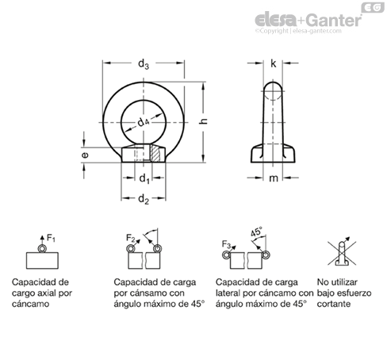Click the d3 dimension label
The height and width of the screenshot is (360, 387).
pos(144,64)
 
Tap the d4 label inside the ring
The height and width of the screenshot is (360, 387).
pos(144,122)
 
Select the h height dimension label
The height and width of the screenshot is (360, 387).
pos(203,121)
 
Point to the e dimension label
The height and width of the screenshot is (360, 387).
pos(85,155)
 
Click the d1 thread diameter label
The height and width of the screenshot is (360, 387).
pos(144,179)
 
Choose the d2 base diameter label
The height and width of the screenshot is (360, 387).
pos(144,199)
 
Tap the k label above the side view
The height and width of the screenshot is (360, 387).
pos(274,63)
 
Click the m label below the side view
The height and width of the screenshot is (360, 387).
pos(274,178)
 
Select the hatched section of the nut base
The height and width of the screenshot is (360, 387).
pos(155,154)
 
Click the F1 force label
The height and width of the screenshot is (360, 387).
pos(51,238)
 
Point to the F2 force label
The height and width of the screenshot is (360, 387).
pos(131,238)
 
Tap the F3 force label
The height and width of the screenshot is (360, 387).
pos(227,244)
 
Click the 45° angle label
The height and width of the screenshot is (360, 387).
pos(256,232)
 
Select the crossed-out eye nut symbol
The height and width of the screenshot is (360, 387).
pos(342,253)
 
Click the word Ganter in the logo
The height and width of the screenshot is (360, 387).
pos(335,21)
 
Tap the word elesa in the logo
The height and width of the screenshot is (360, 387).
pos(276,20)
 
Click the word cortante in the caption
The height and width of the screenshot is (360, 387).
pos(334,304)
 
